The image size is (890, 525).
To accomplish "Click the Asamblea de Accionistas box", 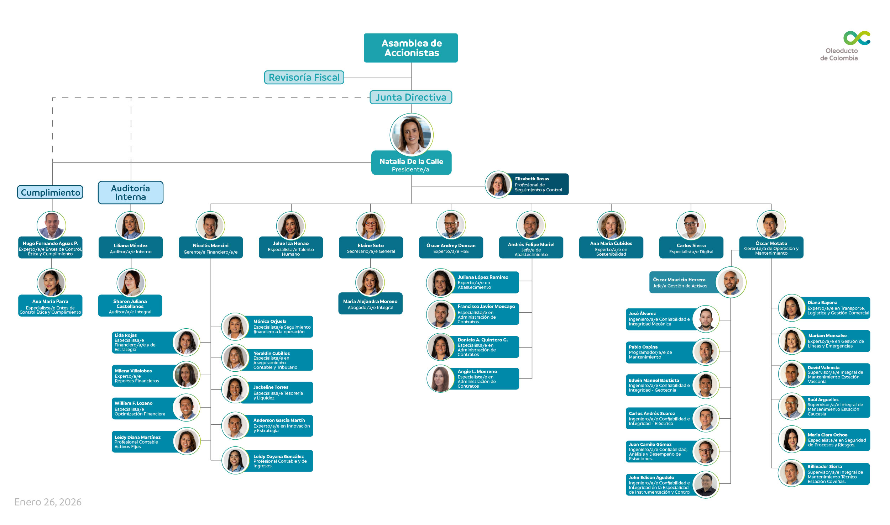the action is (411, 48).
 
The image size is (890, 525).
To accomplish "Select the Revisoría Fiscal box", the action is (304, 77).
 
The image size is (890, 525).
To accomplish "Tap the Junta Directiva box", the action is (411, 97).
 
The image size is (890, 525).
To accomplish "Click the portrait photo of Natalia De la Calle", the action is (412, 135).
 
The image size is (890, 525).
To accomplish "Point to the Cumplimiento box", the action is (50, 192).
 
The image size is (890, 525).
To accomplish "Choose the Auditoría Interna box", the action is (131, 192).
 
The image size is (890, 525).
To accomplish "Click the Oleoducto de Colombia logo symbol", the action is (857, 38).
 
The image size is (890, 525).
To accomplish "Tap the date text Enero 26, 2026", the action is (48, 502).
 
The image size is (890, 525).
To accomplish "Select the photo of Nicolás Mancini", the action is (210, 226).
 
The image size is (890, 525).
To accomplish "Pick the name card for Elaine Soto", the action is (371, 248).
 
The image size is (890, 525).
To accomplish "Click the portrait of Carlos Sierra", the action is (691, 226).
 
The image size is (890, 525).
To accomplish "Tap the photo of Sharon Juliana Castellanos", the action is (131, 283).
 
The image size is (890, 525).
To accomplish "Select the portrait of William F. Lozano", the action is (187, 408).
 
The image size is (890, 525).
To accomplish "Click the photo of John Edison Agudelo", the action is (706, 484).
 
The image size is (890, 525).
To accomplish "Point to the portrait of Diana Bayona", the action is (792, 308).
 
